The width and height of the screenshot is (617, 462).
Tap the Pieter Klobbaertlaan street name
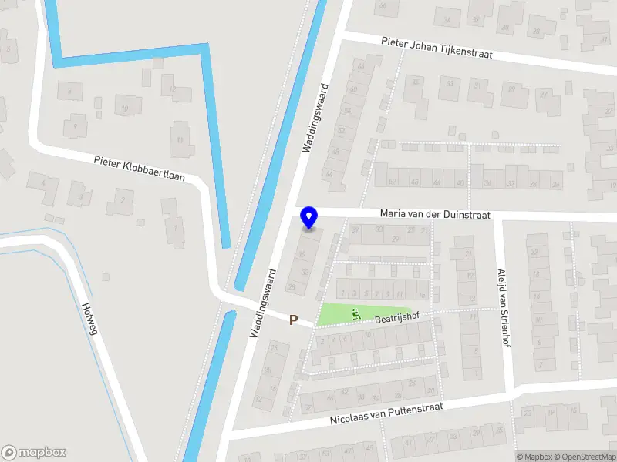click(x=140, y=168)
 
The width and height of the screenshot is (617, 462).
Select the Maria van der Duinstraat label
click(x=435, y=215)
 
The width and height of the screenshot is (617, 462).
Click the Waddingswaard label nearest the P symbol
click(x=264, y=303)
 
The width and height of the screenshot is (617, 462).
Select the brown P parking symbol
click(x=293, y=320)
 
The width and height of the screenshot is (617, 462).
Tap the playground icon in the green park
click(x=356, y=313)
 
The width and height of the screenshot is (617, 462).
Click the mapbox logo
click(x=33, y=453)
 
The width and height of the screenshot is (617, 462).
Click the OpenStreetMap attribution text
click(x=584, y=457)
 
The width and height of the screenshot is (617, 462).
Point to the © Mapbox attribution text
click(x=534, y=457)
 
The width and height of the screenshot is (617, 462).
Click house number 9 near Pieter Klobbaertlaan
click(x=75, y=125)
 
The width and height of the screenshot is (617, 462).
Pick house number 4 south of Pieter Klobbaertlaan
click(x=44, y=183)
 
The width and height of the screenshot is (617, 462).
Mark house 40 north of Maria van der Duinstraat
click(x=460, y=182)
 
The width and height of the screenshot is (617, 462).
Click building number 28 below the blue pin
click(x=292, y=286)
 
